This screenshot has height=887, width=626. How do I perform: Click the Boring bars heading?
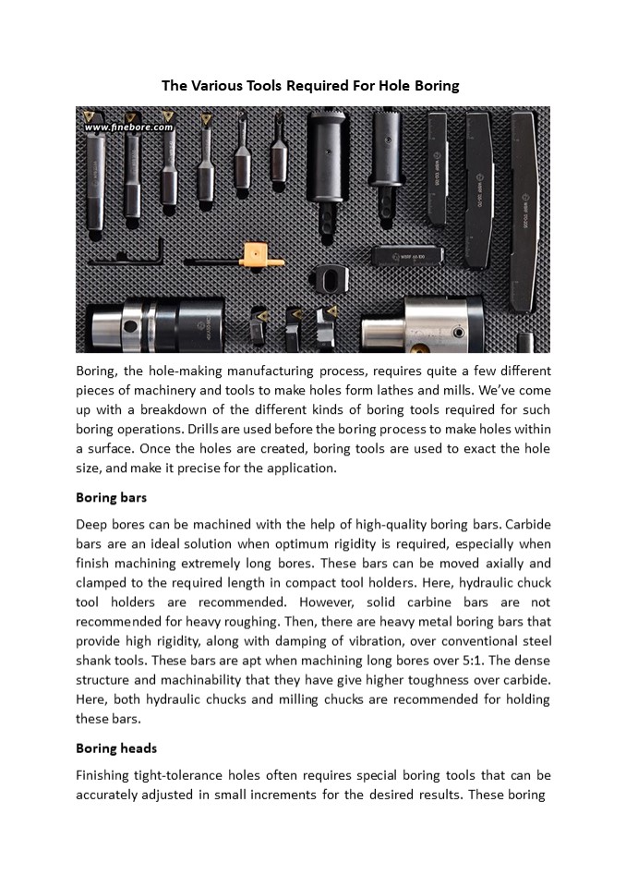click(111, 497)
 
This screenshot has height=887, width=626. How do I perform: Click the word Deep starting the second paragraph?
click(93, 524)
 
